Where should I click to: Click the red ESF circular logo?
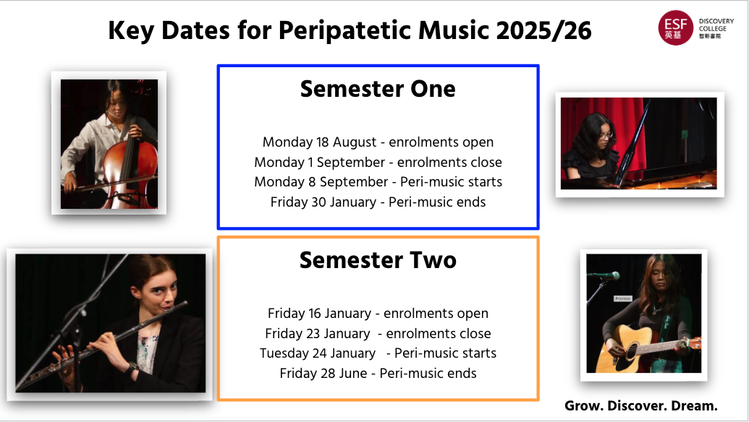coord(675,27)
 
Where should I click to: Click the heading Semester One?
coord(378,89)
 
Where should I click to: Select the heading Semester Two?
coord(378,260)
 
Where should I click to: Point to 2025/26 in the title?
coord(543,30)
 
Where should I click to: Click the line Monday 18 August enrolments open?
coord(378,142)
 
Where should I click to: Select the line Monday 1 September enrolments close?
coord(378,162)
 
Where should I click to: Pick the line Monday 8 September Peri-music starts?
coord(378,181)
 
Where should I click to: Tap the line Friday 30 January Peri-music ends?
coord(378,202)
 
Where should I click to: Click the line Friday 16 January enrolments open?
coord(378,314)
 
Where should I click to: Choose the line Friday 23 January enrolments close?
coord(378,333)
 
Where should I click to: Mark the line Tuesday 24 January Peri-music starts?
coord(378,353)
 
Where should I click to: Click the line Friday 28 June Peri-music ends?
coord(378,373)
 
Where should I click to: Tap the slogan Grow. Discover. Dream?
coord(641,406)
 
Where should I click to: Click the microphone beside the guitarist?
coord(605,275)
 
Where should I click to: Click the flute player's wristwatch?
coord(130,368)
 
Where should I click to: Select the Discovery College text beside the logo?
coord(716,29)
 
